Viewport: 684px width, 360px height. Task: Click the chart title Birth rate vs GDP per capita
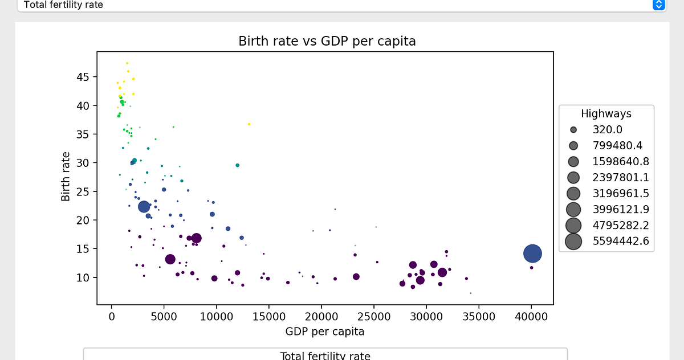327,42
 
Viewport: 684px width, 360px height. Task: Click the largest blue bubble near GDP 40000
532,253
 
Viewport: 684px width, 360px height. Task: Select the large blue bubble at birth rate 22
144,206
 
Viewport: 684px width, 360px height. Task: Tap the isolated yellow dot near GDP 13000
249,124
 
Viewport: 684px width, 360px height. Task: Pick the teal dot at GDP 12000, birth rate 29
238,165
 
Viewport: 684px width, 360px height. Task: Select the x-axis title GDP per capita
325,331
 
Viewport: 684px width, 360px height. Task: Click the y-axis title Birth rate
66,176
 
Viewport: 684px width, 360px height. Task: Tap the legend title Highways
606,114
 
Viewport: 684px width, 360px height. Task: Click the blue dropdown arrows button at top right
658,5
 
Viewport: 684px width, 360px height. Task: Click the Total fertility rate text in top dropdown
63,5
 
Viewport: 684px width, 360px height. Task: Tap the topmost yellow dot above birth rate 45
127,63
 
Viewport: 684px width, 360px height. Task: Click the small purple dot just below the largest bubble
532,268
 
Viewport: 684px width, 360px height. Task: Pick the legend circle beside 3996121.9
573,209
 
